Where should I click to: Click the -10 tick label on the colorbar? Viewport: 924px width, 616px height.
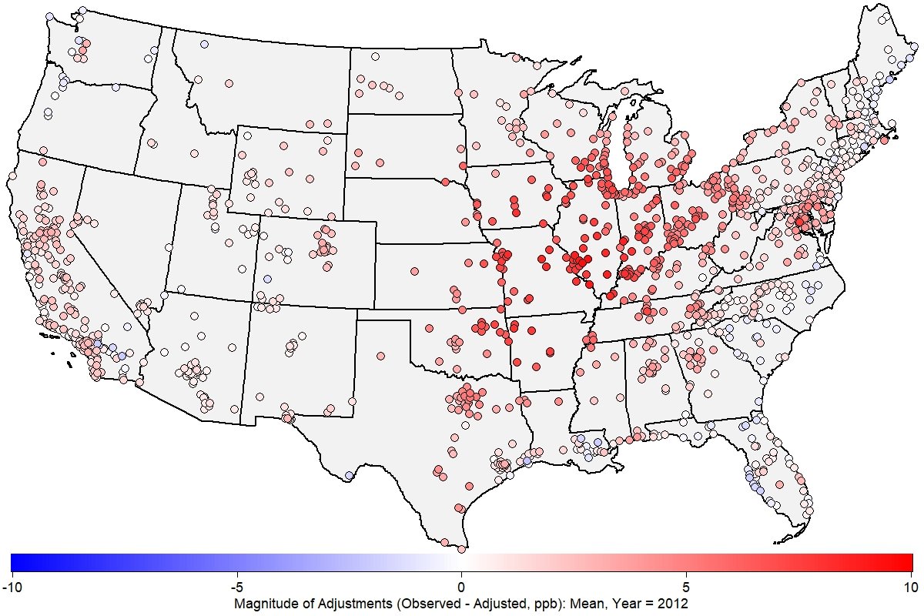coord(12,588)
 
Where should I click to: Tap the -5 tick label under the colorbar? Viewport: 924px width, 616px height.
coord(236,588)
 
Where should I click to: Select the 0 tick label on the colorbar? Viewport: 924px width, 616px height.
coord(462,588)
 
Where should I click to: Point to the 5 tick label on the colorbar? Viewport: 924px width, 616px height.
coord(687,588)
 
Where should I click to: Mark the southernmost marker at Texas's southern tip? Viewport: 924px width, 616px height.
coord(461,549)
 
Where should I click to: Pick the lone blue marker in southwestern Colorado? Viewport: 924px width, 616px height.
coord(267,278)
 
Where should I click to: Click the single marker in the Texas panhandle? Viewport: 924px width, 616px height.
coord(379,357)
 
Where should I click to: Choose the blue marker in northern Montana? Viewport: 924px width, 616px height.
coord(204,44)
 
